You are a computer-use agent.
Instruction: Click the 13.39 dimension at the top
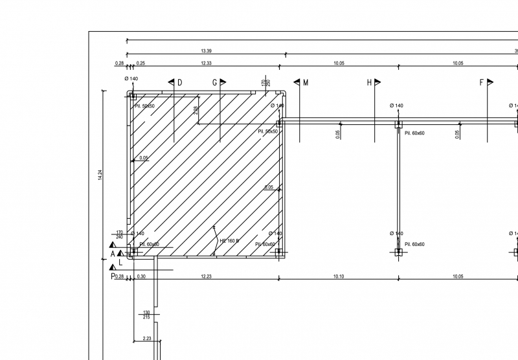206,51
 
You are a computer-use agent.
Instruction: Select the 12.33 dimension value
206,63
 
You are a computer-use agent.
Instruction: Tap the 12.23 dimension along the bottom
206,276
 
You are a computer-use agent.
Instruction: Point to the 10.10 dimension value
338,276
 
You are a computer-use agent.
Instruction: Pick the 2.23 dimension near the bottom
146,338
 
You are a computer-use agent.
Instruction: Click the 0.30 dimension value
141,276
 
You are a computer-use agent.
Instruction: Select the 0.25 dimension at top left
141,63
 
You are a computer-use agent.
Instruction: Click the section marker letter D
179,83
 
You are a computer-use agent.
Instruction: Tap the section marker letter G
215,83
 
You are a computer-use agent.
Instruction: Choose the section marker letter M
305,83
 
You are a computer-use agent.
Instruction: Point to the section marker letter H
370,83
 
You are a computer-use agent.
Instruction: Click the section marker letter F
482,83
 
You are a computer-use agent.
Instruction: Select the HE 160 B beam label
229,241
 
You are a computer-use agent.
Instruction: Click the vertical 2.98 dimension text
196,111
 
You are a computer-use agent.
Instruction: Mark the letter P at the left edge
112,276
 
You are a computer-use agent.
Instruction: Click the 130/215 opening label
146,315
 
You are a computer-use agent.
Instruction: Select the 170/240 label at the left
120,234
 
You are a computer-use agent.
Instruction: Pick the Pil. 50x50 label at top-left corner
144,106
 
